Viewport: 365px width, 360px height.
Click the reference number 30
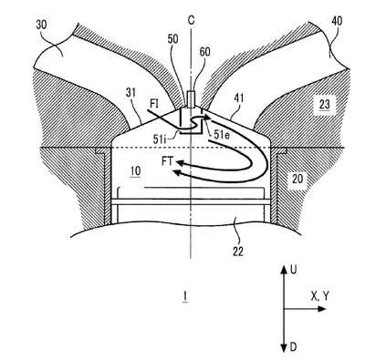pyautogui.click(x=42, y=25)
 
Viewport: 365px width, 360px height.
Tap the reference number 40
pyautogui.click(x=337, y=21)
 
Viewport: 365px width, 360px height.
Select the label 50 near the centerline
pyautogui.click(x=172, y=39)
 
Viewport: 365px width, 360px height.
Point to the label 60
pyautogui.click(x=204, y=52)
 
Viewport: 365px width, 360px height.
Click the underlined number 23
pyautogui.click(x=324, y=105)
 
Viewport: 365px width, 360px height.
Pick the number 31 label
pyautogui.click(x=130, y=93)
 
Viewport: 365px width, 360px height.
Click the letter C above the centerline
pyautogui.click(x=191, y=20)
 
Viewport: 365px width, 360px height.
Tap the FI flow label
pyautogui.click(x=153, y=104)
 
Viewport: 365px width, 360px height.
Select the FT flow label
pyautogui.click(x=167, y=161)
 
